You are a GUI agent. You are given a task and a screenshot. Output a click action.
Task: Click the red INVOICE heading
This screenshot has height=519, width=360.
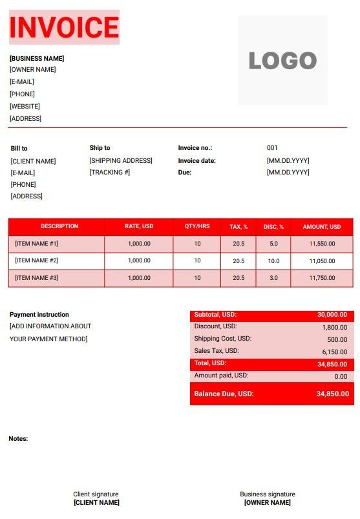tap(64, 27)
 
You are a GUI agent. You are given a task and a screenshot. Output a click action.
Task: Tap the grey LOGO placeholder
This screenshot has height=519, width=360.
tap(282, 60)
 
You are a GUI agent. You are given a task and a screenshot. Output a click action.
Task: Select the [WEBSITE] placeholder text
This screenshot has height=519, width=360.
tap(25, 106)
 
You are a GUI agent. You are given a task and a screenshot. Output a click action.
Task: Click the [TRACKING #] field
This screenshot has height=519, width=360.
tap(110, 173)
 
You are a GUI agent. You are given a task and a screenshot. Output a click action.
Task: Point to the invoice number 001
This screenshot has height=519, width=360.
tap(272, 148)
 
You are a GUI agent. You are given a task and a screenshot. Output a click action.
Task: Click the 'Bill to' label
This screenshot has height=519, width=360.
tap(19, 148)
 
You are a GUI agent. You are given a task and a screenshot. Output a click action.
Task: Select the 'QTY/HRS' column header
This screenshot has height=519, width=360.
tap(197, 227)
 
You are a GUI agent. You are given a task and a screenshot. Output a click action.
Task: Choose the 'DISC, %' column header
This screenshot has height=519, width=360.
tap(273, 227)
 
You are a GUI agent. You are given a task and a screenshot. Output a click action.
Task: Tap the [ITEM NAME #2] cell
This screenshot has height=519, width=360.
tap(37, 260)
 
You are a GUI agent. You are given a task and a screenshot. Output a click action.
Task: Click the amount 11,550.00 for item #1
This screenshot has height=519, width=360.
tap(321, 244)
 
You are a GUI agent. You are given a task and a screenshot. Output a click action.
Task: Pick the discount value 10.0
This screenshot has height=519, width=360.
tap(273, 261)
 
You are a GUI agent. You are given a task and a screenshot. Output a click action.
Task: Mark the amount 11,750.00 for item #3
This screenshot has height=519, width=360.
tap(321, 278)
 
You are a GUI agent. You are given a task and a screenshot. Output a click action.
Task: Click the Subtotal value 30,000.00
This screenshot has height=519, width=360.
tap(332, 315)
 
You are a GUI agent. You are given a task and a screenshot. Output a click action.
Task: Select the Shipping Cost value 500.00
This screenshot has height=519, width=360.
tap(337, 339)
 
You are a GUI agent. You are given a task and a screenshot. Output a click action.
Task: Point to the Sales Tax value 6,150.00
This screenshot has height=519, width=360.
tap(334, 352)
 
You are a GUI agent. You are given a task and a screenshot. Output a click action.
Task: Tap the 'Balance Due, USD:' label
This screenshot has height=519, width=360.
tap(224, 394)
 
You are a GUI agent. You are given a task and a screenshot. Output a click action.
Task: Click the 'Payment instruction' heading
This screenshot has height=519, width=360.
tap(39, 315)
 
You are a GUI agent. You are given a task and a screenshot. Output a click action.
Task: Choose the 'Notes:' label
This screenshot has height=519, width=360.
tap(18, 439)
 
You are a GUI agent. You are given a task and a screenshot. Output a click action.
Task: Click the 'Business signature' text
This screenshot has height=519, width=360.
tap(267, 494)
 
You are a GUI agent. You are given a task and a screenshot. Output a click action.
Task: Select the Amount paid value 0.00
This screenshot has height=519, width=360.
tap(341, 376)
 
